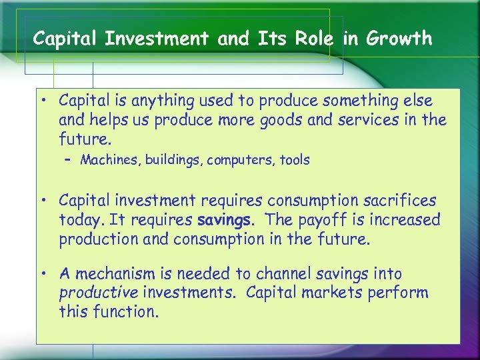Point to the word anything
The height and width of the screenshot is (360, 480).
(160, 101)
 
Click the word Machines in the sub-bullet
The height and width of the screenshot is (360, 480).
(107, 160)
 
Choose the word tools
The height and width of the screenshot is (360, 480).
(293, 160)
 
